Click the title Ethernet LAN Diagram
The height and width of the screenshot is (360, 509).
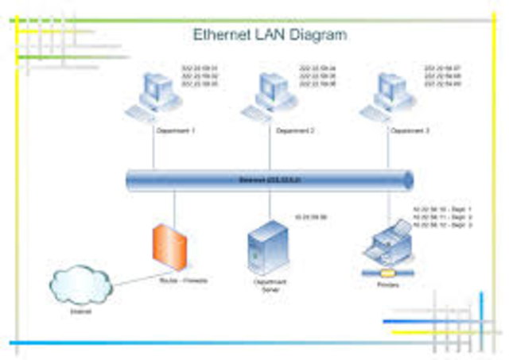(270, 35)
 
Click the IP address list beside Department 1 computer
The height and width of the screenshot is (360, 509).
(200, 75)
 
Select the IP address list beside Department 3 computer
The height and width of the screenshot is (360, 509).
(442, 75)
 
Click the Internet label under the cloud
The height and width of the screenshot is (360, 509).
(80, 312)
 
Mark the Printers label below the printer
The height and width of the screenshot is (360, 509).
(387, 284)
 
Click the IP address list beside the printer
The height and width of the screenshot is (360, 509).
(442, 217)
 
